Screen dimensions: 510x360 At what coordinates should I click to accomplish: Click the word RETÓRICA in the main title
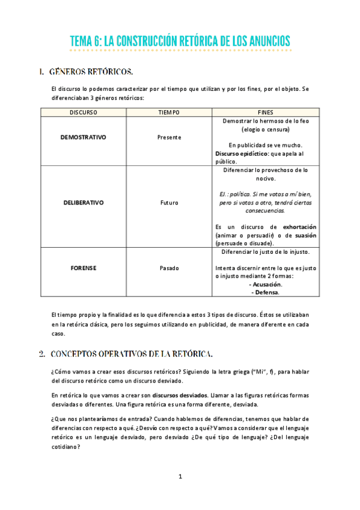(195, 41)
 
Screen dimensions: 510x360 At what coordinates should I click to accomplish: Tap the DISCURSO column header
(83, 112)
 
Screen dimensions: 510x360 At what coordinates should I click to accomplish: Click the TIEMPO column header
(169, 112)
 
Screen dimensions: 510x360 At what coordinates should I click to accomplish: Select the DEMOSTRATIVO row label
(83, 137)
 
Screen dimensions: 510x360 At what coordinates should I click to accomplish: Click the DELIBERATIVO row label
(83, 203)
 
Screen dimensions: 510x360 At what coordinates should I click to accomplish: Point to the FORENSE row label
(83, 268)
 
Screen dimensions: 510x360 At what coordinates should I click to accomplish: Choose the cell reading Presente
(169, 137)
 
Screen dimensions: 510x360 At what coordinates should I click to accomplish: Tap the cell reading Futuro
(169, 203)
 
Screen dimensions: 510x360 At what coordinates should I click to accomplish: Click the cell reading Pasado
(169, 268)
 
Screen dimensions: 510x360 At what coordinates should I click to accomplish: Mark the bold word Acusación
(267, 284)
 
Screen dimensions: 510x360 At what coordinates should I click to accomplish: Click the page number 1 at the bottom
(180, 477)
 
